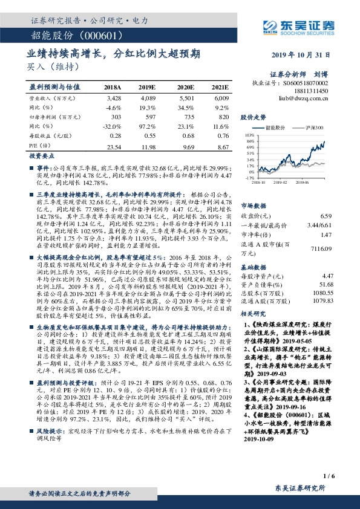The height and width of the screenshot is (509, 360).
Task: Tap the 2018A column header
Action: pyautogui.click(x=113, y=87)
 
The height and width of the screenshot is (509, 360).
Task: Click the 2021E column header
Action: pyautogui.click(x=220, y=87)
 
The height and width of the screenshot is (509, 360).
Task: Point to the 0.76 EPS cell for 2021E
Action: pyautogui.click(x=221, y=136)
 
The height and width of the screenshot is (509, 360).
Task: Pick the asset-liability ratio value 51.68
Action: pyautogui.click(x=326, y=284)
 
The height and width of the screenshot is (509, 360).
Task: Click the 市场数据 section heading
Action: pyautogui.click(x=252, y=206)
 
